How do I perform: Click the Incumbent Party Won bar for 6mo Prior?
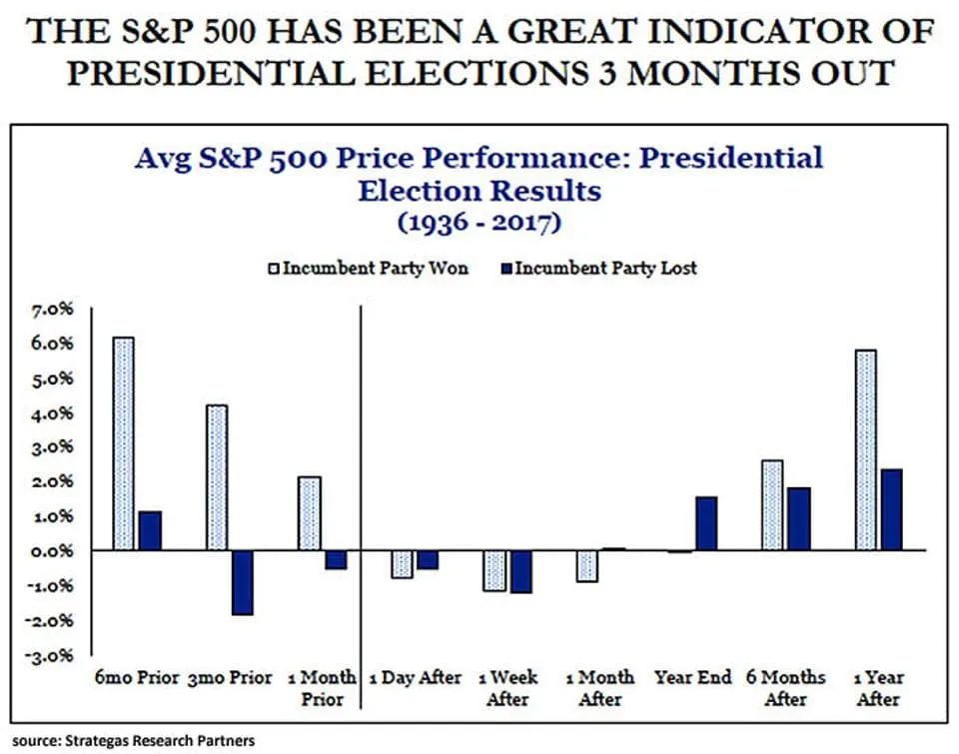123,443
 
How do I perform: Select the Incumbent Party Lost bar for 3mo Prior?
242,582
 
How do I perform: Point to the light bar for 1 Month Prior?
310,513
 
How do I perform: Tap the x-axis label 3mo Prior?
230,677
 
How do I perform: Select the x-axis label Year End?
693,677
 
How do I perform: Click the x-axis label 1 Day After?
415,677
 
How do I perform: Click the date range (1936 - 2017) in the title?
479,222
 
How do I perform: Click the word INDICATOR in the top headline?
738,33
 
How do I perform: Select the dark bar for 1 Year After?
891,509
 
